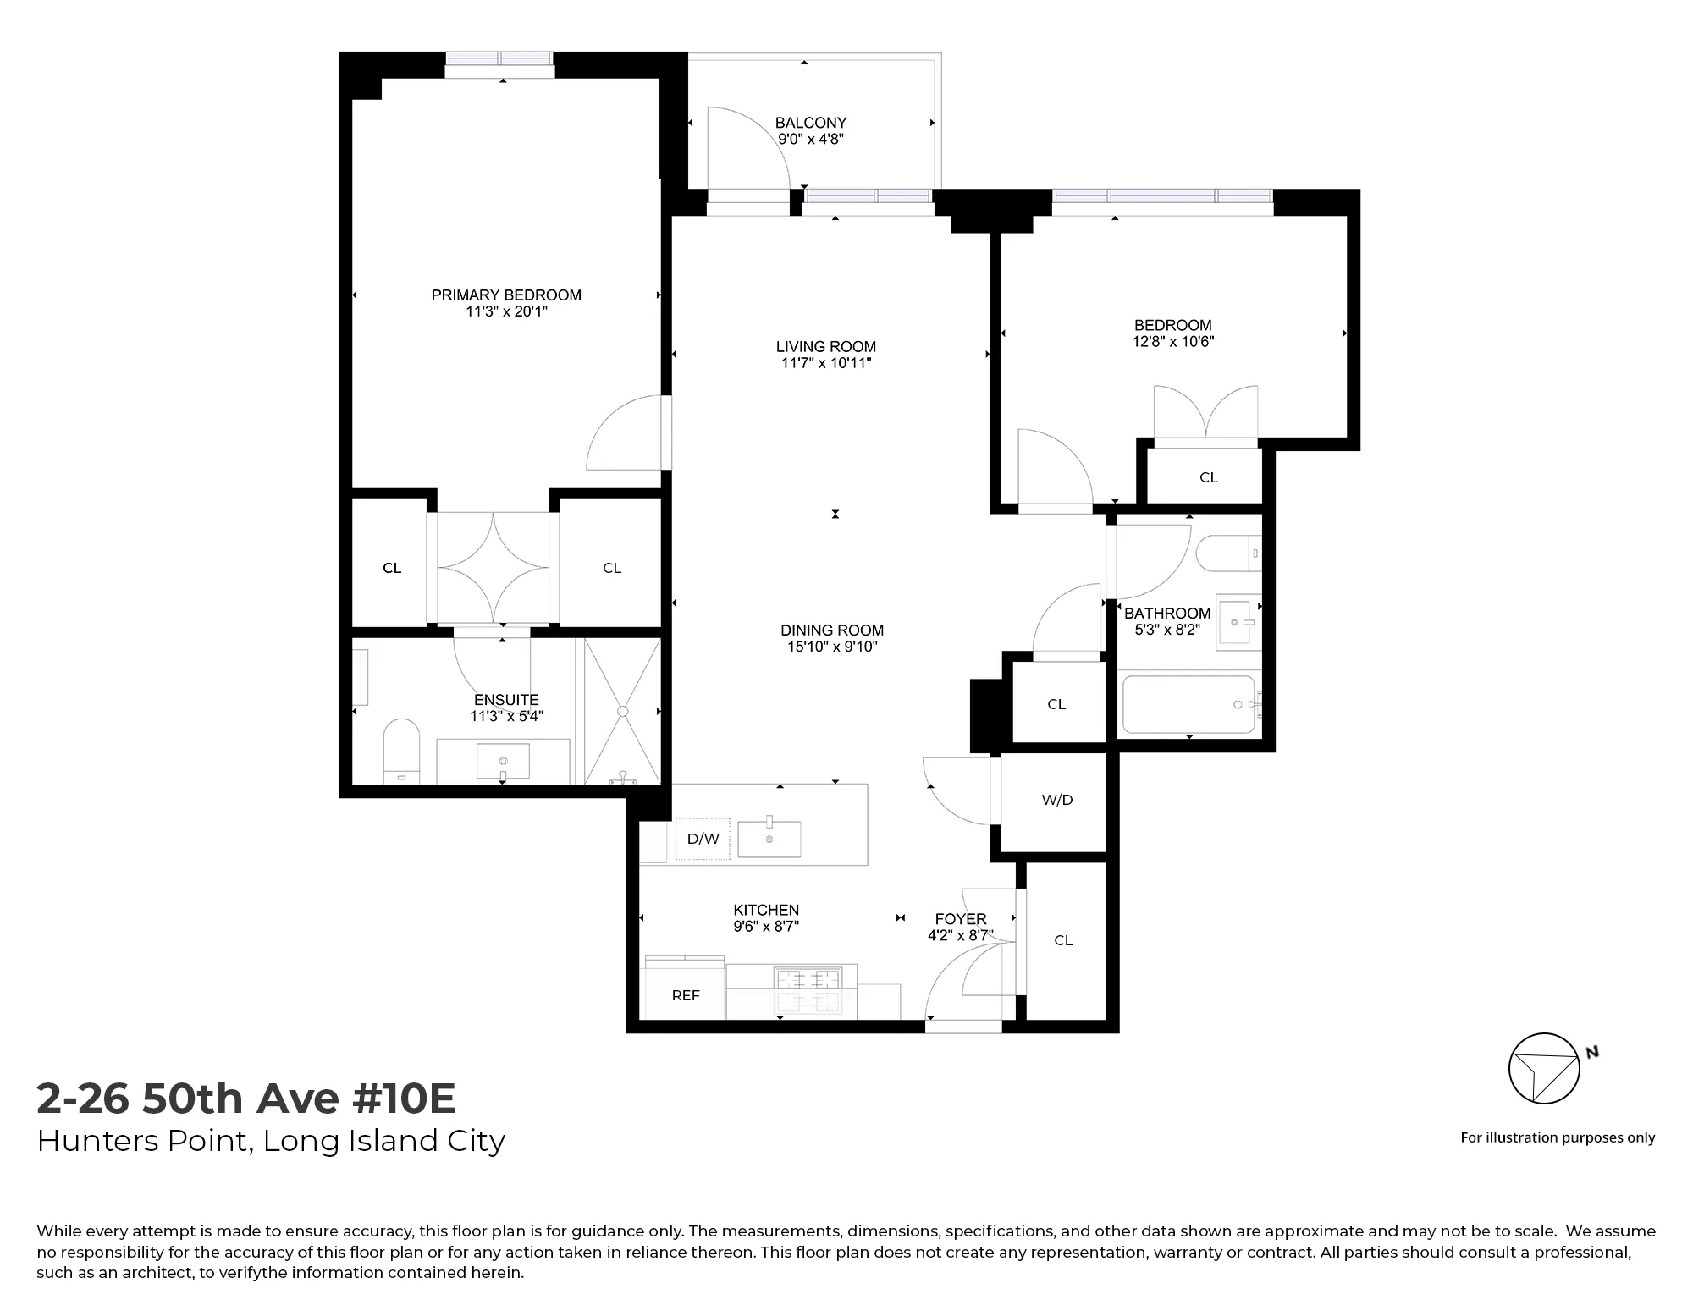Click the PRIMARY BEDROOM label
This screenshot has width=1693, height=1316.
pyautogui.click(x=506, y=295)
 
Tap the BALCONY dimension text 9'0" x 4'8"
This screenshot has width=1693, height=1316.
pyautogui.click(x=811, y=140)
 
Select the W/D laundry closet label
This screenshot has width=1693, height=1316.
pyautogui.click(x=1057, y=800)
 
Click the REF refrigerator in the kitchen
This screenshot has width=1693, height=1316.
pyautogui.click(x=686, y=995)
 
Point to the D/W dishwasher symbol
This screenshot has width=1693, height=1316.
pyautogui.click(x=703, y=839)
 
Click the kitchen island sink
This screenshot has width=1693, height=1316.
pyautogui.click(x=769, y=838)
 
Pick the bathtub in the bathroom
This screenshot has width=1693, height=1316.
pyautogui.click(x=1188, y=704)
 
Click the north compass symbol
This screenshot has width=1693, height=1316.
pyautogui.click(x=1544, y=1068)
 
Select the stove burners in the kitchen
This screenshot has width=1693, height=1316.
pyautogui.click(x=808, y=990)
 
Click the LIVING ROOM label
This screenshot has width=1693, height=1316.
pyautogui.click(x=826, y=347)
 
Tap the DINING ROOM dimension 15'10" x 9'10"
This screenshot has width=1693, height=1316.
pyautogui.click(x=832, y=647)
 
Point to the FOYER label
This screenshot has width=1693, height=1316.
pyautogui.click(x=961, y=919)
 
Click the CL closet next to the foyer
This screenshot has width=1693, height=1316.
pyautogui.click(x=1063, y=940)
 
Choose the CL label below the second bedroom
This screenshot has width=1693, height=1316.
pyautogui.click(x=1209, y=477)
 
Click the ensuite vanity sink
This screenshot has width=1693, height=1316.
pyautogui.click(x=503, y=761)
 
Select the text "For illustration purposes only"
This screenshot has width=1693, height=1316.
pyautogui.click(x=1558, y=1137)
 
